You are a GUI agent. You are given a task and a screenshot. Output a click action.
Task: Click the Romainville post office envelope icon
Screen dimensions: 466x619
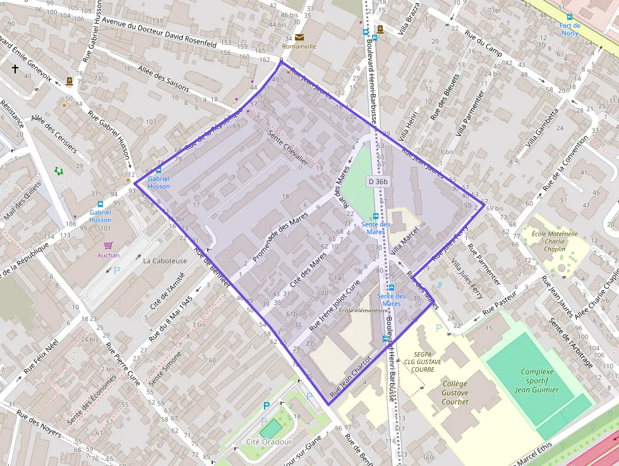coord(299,37)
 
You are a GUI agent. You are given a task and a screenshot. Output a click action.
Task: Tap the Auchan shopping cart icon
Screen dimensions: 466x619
coord(108,245)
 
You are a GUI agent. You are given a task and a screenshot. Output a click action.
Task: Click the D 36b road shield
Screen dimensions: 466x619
coord(378,181)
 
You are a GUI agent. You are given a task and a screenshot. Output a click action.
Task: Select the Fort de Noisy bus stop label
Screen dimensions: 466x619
coord(570,29)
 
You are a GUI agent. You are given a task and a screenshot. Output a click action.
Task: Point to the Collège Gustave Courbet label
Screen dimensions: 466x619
coord(455,393)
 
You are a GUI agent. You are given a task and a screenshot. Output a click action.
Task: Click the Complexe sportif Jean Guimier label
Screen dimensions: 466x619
coord(537,381)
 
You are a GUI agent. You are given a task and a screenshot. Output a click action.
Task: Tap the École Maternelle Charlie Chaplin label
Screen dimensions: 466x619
coord(554,241)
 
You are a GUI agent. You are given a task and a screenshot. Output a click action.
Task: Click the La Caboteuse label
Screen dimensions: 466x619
coord(165,261)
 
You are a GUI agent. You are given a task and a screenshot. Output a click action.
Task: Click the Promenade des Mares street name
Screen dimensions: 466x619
coord(280,237)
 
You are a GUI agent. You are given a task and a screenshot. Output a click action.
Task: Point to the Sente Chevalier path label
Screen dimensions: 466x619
coord(288,147)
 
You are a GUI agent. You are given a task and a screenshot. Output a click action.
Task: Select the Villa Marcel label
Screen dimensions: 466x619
coord(404,241)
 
